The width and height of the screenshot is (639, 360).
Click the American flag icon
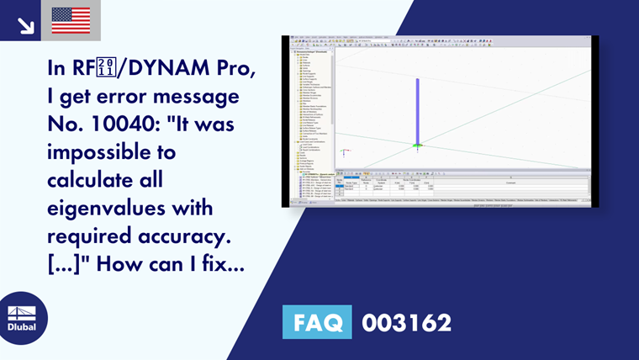pyautogui.click(x=71, y=20)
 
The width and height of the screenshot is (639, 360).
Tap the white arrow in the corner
pyautogui.click(x=25, y=25)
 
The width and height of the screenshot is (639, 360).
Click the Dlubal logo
pyautogui.click(x=22, y=318)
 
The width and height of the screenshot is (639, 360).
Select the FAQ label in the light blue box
pyautogui.click(x=319, y=322)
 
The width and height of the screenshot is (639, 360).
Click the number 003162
pyautogui.click(x=406, y=322)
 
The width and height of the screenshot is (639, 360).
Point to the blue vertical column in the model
pyautogui.click(x=417, y=109)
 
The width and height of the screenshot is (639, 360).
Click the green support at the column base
pyautogui.click(x=417, y=146)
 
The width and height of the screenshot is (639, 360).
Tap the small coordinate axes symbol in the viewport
pyautogui.click(x=344, y=154)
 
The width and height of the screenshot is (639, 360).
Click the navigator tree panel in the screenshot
pyautogui.click(x=310, y=109)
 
